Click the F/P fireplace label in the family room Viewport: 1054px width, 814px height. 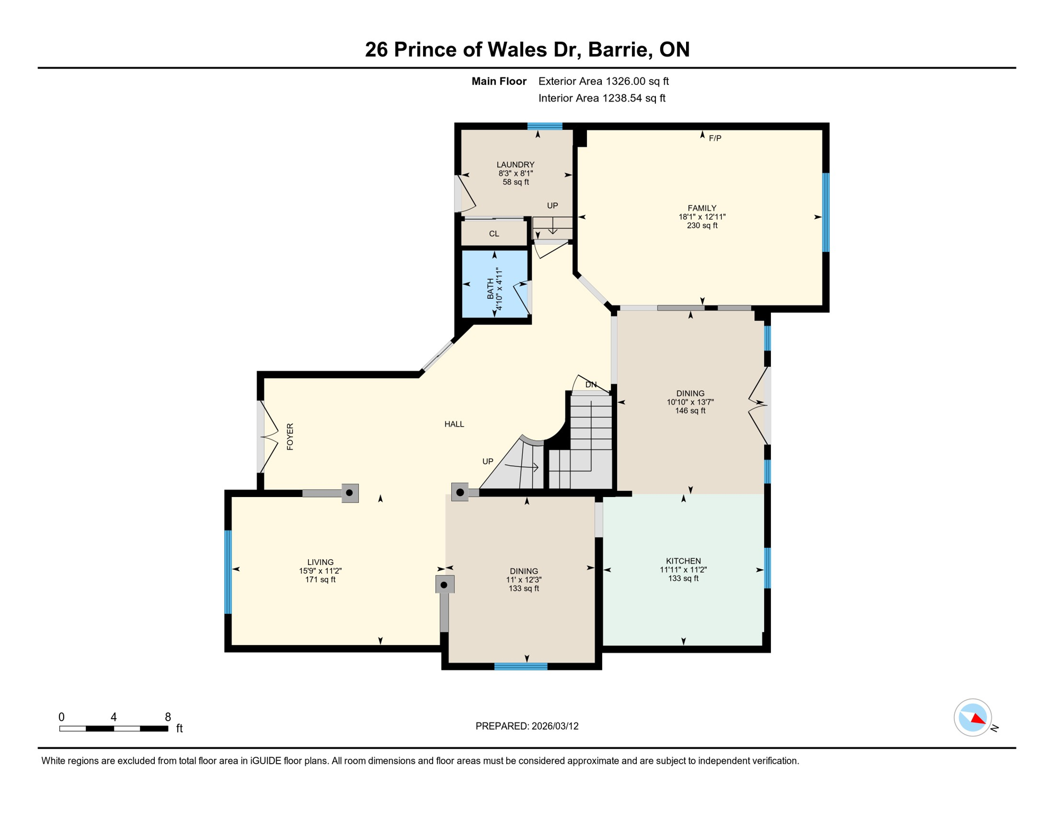(715, 138)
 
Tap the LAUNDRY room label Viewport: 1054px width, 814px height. (515, 165)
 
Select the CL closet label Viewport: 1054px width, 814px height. (494, 234)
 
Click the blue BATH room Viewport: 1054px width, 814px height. (495, 284)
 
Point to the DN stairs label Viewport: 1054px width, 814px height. (591, 385)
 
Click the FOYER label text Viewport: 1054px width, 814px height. (290, 437)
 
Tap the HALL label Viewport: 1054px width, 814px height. (454, 424)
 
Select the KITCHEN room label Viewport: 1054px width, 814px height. (683, 561)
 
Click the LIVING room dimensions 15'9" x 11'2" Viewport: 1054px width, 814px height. (320, 571)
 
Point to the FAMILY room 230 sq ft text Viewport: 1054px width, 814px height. (702, 225)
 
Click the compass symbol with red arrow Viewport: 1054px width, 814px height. (973, 718)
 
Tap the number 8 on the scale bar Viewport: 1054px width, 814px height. (168, 717)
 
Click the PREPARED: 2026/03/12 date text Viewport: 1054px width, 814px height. (527, 726)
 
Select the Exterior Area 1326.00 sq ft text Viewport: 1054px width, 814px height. (603, 81)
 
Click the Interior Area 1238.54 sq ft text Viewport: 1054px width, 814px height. (602, 98)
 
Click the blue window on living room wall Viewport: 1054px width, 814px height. (228, 571)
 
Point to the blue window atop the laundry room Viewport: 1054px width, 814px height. (544, 126)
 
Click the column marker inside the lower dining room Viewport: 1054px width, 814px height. (444, 585)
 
